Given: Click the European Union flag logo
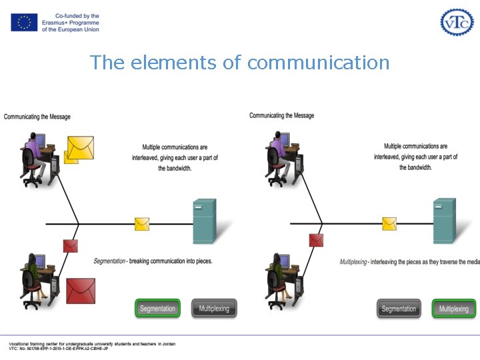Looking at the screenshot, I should click(24, 22).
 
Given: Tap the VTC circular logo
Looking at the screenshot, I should click(457, 22).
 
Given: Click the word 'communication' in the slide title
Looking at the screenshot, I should click(318, 63).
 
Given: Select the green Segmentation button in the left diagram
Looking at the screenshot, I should click(157, 309).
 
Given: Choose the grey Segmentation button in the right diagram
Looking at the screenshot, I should click(399, 309).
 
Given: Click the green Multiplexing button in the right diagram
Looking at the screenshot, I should click(454, 309).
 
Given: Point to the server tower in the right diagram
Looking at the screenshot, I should click(445, 221).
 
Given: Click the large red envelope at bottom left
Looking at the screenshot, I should click(80, 290).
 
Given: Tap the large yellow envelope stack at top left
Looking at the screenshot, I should click(79, 148).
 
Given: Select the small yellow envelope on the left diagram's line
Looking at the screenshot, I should click(142, 224).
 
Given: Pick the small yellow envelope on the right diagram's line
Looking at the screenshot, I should click(389, 224).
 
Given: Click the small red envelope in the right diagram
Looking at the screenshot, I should click(316, 240).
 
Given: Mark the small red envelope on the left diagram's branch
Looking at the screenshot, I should click(70, 245).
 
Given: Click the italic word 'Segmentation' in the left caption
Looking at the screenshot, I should click(109, 261).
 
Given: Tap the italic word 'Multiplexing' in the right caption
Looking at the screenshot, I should click(353, 262).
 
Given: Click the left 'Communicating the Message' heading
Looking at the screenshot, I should click(37, 117).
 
